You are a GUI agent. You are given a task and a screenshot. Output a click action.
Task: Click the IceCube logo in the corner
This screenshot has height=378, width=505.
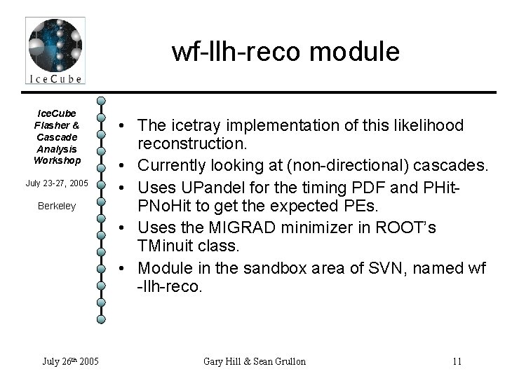click(x=55, y=50)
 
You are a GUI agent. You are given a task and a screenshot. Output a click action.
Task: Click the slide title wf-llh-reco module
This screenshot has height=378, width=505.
click(x=285, y=52)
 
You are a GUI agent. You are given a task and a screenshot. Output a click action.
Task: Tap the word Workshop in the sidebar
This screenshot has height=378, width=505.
click(x=57, y=160)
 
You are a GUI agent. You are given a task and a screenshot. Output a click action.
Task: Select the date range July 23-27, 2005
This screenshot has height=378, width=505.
click(x=56, y=183)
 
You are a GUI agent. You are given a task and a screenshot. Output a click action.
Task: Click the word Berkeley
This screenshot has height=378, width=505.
click(x=57, y=206)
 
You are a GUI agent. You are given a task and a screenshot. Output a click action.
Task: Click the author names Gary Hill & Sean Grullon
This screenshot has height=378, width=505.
click(x=254, y=361)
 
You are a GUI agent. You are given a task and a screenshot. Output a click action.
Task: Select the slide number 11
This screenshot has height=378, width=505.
click(x=457, y=361)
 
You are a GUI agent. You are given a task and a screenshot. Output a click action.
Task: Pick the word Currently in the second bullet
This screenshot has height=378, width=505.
click(x=173, y=166)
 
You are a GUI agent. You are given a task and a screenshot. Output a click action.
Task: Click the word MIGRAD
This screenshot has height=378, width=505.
click(x=232, y=227)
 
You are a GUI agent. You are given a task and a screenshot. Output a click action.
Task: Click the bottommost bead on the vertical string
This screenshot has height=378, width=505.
click(x=101, y=319)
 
